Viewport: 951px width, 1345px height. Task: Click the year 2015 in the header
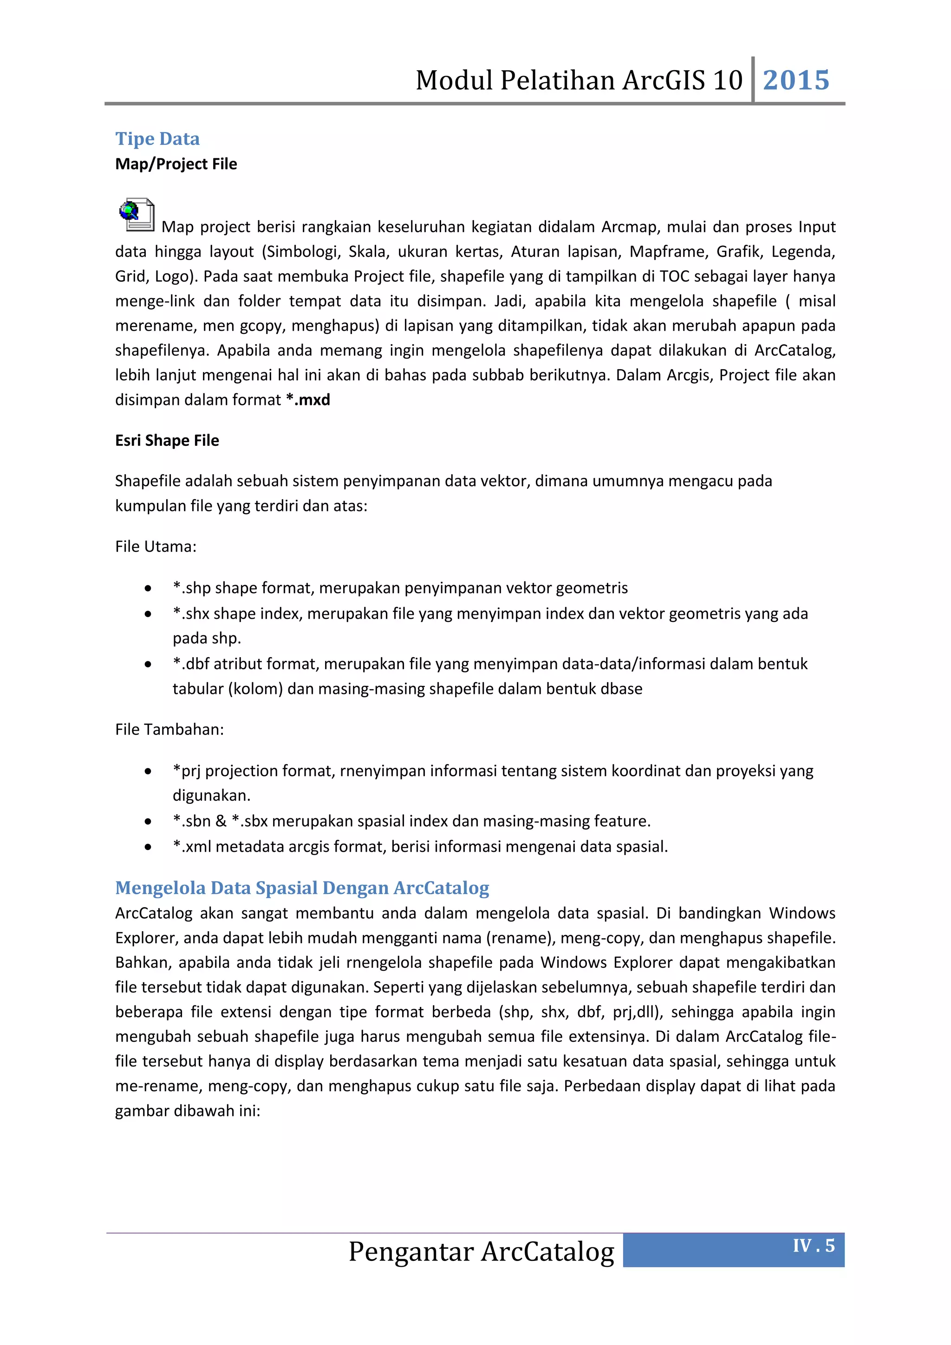[x=796, y=80]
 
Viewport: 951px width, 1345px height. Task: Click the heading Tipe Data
[x=157, y=139]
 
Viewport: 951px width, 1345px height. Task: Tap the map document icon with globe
[x=137, y=215]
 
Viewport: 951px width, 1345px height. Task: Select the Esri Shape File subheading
[x=167, y=441]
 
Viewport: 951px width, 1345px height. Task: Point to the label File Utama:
[x=156, y=547]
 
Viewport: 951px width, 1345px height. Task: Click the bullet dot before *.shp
[x=148, y=588]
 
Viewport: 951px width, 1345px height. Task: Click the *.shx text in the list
[x=190, y=614]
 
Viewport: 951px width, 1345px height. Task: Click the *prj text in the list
[x=186, y=771]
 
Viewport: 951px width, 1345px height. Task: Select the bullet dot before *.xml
[x=148, y=847]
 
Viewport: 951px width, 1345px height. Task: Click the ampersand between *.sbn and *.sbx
[x=221, y=821]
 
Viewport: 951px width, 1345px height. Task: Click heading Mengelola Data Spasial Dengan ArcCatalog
[x=302, y=888]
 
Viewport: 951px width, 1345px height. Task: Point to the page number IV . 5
[x=814, y=1246]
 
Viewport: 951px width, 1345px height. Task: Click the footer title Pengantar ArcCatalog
[x=482, y=1252]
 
